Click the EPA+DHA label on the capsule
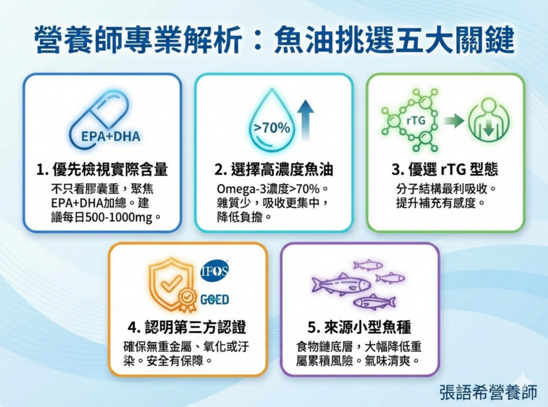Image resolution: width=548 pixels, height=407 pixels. [111, 136]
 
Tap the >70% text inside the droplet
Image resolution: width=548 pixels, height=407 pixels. [272, 128]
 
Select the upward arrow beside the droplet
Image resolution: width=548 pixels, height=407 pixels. [306, 120]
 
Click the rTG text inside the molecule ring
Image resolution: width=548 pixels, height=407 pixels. [416, 120]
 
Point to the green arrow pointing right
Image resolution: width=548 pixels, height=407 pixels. [453, 121]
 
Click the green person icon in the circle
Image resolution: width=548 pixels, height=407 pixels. [489, 120]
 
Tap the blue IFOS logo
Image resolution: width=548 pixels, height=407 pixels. [215, 271]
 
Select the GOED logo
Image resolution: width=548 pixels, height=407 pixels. [215, 300]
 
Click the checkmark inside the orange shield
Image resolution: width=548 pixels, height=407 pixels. [171, 282]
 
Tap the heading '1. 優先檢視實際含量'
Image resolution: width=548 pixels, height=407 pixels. [102, 170]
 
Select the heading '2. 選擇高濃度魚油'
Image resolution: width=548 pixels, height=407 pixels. [274, 170]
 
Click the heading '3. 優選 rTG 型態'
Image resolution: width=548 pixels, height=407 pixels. [445, 170]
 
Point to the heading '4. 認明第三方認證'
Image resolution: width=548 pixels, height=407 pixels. [187, 327]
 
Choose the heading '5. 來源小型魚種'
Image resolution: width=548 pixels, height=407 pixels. [359, 327]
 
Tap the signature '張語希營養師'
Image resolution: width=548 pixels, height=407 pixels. [488, 392]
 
